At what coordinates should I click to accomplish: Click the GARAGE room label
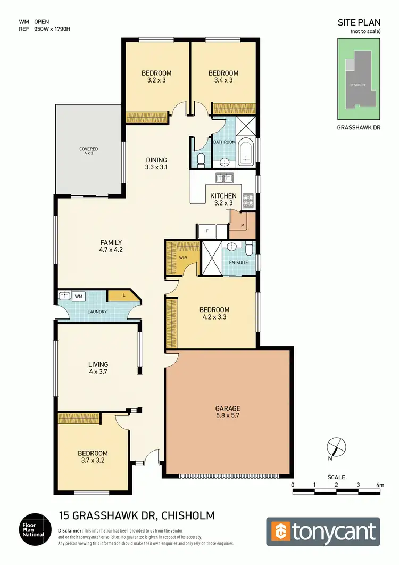tap(227, 408)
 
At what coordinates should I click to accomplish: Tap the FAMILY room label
tap(111, 242)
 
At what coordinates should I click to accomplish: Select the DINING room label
tap(156, 160)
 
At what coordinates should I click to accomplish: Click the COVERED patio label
tap(89, 149)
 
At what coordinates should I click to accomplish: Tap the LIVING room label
tap(98, 365)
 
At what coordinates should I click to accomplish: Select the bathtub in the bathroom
tap(246, 151)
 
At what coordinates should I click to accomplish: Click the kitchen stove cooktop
tap(248, 201)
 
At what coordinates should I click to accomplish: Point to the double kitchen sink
tap(222, 177)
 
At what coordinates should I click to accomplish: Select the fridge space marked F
tap(207, 231)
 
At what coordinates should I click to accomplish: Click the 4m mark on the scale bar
tap(380, 485)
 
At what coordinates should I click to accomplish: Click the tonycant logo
tap(323, 532)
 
